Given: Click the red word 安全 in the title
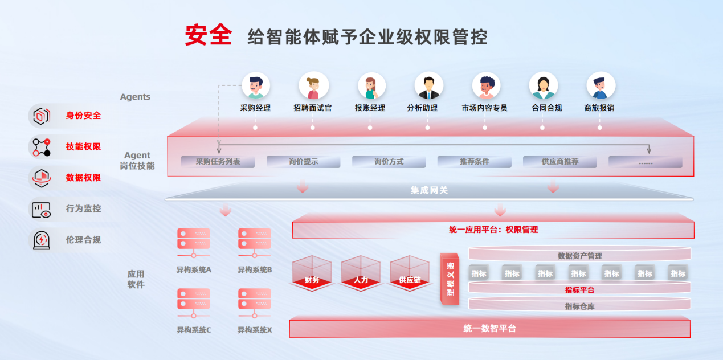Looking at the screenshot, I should click(x=208, y=35).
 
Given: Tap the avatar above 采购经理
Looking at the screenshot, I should click(x=255, y=85).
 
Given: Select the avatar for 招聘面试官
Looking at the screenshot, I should click(x=313, y=85).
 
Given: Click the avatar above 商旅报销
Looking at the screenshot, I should click(x=601, y=85).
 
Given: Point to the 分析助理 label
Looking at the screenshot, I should click(x=422, y=108).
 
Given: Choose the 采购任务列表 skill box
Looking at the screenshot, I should click(x=218, y=162).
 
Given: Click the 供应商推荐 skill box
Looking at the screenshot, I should click(x=559, y=162).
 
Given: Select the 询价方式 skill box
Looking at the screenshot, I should click(x=389, y=162).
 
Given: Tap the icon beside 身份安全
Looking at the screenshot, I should click(x=40, y=116).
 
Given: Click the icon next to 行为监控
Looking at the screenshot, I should click(x=40, y=209).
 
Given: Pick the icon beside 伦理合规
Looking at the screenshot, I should click(x=40, y=240).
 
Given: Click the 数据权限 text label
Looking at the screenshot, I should click(x=83, y=178).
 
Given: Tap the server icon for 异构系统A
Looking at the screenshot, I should click(x=194, y=242).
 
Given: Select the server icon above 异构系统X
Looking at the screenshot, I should click(x=254, y=302).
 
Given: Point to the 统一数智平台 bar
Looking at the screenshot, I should click(x=489, y=329).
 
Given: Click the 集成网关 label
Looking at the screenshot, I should click(x=429, y=190).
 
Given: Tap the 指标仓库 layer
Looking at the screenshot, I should click(x=579, y=306).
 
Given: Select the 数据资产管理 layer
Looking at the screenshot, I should click(x=579, y=256).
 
